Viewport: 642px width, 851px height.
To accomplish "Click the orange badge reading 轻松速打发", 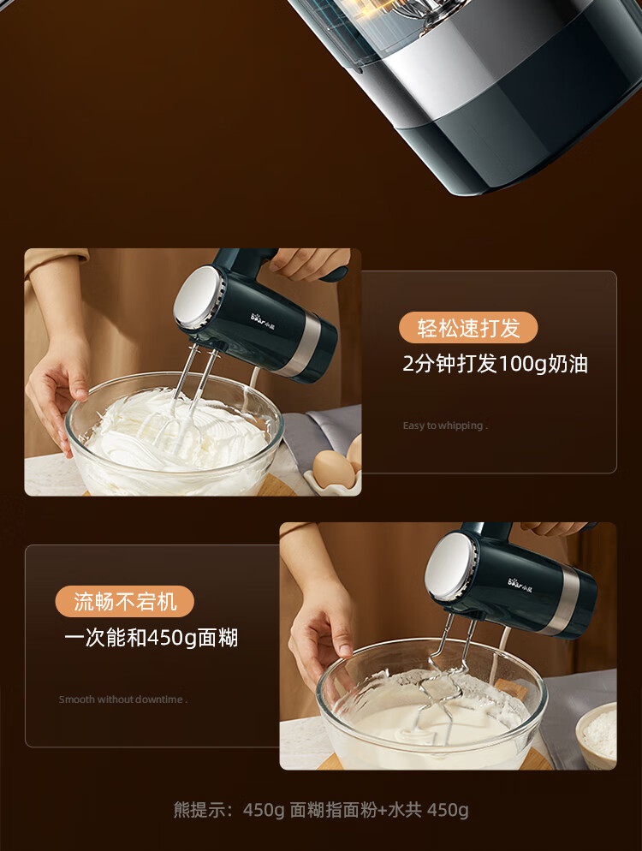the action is [x=468, y=328].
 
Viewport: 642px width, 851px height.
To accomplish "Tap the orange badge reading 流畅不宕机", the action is [x=125, y=601].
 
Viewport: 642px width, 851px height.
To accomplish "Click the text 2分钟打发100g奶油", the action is [x=495, y=364].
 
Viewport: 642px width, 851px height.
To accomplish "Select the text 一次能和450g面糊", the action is [x=151, y=638].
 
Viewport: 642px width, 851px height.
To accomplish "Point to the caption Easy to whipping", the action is [x=445, y=425].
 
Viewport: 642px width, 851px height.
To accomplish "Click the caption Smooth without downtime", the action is [x=122, y=699].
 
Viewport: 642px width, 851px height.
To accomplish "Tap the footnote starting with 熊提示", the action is [x=321, y=810].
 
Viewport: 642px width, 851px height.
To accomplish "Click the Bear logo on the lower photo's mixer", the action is [x=520, y=584].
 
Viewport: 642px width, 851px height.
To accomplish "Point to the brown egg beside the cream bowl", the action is [x=331, y=468].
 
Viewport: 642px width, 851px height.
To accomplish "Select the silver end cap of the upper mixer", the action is [x=196, y=296].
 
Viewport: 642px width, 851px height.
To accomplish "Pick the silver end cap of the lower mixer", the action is [x=449, y=565].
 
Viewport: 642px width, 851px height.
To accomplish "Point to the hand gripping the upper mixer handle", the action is [x=306, y=262].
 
